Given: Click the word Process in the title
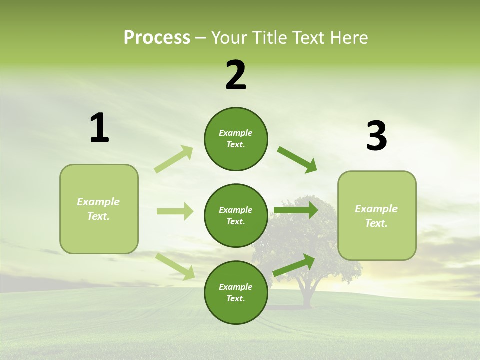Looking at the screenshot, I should click(x=157, y=37).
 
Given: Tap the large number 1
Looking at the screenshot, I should click(x=99, y=128).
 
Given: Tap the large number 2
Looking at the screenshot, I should click(x=236, y=75).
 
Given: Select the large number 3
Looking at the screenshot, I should click(x=376, y=136).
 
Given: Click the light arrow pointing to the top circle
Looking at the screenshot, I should click(x=174, y=159).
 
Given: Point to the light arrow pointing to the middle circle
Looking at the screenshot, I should click(x=175, y=211).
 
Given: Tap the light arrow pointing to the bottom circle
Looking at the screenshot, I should click(x=175, y=266).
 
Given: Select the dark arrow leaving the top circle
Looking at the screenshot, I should click(x=297, y=159).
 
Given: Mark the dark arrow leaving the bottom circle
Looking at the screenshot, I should click(x=294, y=265).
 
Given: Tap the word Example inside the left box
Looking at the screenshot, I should click(x=98, y=202).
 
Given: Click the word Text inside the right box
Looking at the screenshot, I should click(x=376, y=223).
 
